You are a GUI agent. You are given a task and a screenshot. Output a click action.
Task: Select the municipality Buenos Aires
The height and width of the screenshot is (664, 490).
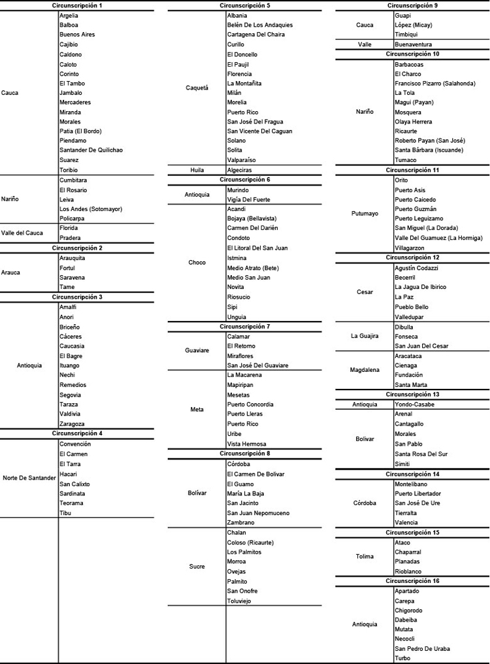pyautogui.click(x=76, y=35)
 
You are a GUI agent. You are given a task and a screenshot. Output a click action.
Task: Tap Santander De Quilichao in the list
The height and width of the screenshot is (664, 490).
pyautogui.click(x=91, y=150)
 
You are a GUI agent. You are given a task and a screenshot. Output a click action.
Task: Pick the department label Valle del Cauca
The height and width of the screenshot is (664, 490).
pyautogui.click(x=22, y=233)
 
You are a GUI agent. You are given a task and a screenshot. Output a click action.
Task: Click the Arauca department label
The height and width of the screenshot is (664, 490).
pyautogui.click(x=10, y=273)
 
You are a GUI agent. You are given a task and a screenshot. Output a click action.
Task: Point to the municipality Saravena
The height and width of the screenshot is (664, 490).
pyautogui.click(x=72, y=278)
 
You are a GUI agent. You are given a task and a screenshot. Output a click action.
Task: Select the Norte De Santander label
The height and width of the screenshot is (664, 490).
pyautogui.click(x=29, y=478)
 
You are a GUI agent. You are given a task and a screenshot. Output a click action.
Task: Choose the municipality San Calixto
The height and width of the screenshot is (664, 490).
pyautogui.click(x=74, y=484)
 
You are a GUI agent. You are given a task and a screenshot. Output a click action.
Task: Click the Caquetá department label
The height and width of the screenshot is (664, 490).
pyautogui.click(x=197, y=88)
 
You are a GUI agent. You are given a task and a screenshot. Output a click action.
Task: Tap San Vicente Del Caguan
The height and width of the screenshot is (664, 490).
pyautogui.click(x=259, y=131)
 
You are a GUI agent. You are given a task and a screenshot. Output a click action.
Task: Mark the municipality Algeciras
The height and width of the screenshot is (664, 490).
pyautogui.click(x=242, y=170)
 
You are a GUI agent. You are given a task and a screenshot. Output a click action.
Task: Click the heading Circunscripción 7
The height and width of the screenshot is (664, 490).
pyautogui.click(x=245, y=327)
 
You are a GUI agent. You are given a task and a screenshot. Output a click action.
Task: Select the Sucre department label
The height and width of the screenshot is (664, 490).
pyautogui.click(x=197, y=567)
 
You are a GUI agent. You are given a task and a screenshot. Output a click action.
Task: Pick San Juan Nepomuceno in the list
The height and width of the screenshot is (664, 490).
pyautogui.click(x=258, y=513)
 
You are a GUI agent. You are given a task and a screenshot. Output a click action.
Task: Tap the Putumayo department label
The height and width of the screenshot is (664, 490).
pyautogui.click(x=365, y=214)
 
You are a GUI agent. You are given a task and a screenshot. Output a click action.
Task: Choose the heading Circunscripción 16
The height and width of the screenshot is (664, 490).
pyautogui.click(x=412, y=581)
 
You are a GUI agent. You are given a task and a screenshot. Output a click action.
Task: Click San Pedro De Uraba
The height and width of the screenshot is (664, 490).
pyautogui.click(x=422, y=649)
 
